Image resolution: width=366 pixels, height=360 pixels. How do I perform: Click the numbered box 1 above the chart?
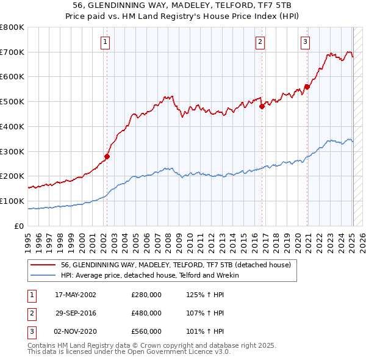106,42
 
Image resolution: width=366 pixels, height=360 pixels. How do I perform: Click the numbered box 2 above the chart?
260,42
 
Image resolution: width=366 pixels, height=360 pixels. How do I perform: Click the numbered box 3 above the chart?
304,42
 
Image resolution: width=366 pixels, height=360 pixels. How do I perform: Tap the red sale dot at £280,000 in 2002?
107,156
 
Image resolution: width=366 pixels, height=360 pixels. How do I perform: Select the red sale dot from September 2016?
262,106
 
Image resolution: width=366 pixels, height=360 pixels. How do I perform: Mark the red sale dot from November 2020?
307,87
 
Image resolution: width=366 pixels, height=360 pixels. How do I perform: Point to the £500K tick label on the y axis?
13,102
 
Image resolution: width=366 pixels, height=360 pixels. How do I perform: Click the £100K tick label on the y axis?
13,201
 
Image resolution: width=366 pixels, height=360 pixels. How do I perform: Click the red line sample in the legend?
44,265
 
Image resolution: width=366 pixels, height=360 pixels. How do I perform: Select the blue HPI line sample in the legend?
44,275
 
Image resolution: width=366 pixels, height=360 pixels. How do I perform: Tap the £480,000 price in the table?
146,313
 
